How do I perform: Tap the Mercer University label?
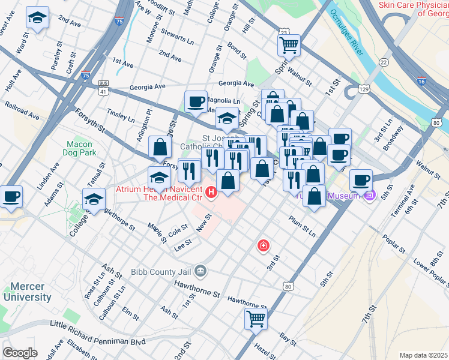click(x=27, y=292)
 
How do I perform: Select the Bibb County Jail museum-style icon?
click(x=200, y=271)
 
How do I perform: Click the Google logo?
click(x=20, y=353)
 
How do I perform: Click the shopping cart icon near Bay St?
click(x=256, y=319)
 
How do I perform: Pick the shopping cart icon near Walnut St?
click(x=289, y=44)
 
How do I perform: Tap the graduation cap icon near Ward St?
click(x=37, y=18)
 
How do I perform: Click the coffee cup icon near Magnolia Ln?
click(x=196, y=102)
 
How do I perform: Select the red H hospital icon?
click(x=211, y=192)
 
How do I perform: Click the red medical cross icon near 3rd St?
click(x=263, y=245)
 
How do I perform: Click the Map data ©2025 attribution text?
click(x=423, y=355)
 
